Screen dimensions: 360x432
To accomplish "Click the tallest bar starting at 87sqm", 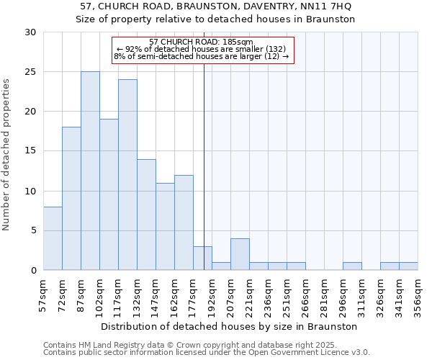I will click(90, 171).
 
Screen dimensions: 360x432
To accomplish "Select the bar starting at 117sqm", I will click(127, 175).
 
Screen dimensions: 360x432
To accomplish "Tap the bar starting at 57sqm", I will click(53, 238).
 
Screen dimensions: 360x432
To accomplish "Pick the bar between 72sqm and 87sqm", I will click(71, 199).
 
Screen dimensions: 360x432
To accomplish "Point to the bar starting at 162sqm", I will click(184, 222).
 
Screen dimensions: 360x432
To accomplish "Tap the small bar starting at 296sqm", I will click(352, 266).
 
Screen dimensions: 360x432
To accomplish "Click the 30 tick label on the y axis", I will click(30, 32).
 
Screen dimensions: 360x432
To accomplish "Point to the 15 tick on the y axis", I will click(30, 151).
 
